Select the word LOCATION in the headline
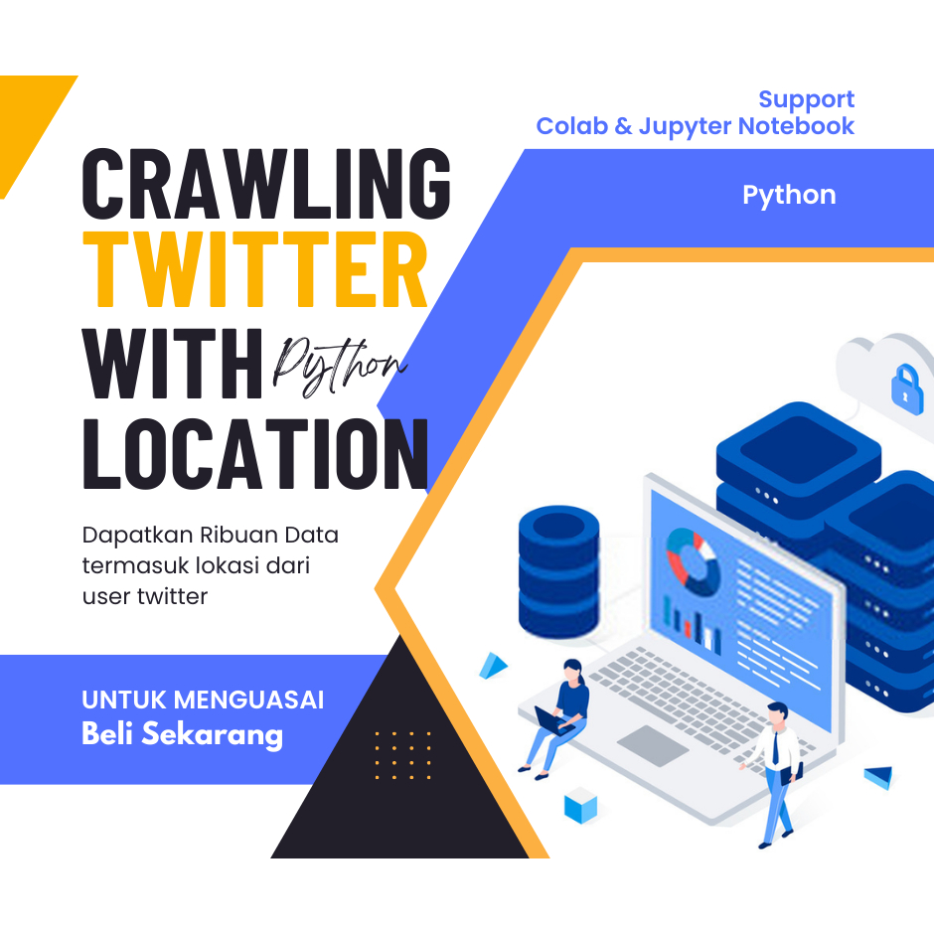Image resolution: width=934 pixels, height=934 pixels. click(256, 454)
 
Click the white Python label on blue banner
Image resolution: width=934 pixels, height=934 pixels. click(789, 195)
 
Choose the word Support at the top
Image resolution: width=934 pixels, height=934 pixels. click(806, 99)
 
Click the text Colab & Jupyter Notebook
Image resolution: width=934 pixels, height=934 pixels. click(696, 126)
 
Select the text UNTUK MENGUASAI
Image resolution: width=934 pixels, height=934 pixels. click(203, 700)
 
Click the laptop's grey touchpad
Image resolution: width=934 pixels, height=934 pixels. click(653, 745)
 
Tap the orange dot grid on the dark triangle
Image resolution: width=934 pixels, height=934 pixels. click(402, 755)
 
